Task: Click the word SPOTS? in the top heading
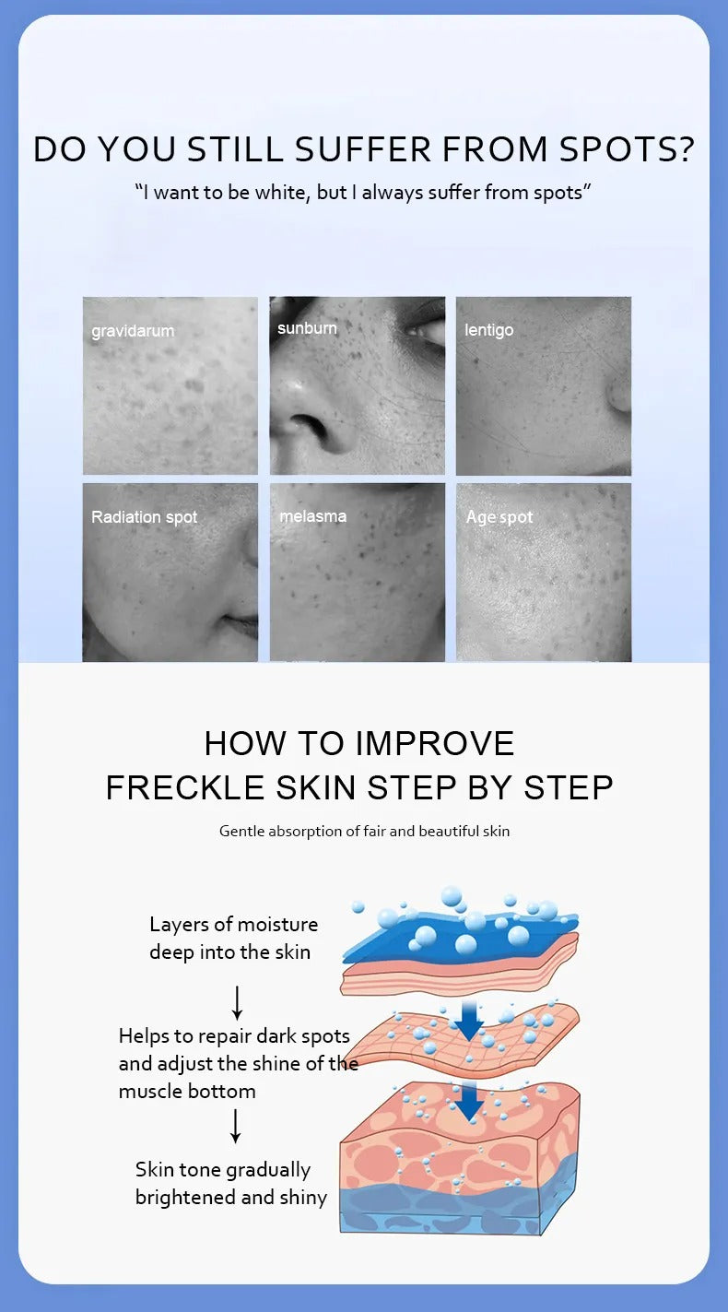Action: click(627, 149)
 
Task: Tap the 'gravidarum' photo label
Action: click(133, 331)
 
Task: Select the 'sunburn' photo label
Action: click(307, 328)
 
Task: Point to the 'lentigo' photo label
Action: click(488, 330)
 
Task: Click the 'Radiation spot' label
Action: click(144, 517)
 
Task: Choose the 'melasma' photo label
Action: click(313, 516)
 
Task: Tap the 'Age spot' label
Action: click(499, 517)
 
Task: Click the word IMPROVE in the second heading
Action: click(435, 743)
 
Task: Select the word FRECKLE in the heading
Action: click(185, 787)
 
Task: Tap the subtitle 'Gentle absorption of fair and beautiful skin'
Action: click(364, 831)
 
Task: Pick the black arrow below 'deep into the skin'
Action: click(237, 1002)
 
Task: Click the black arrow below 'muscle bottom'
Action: click(235, 1127)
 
